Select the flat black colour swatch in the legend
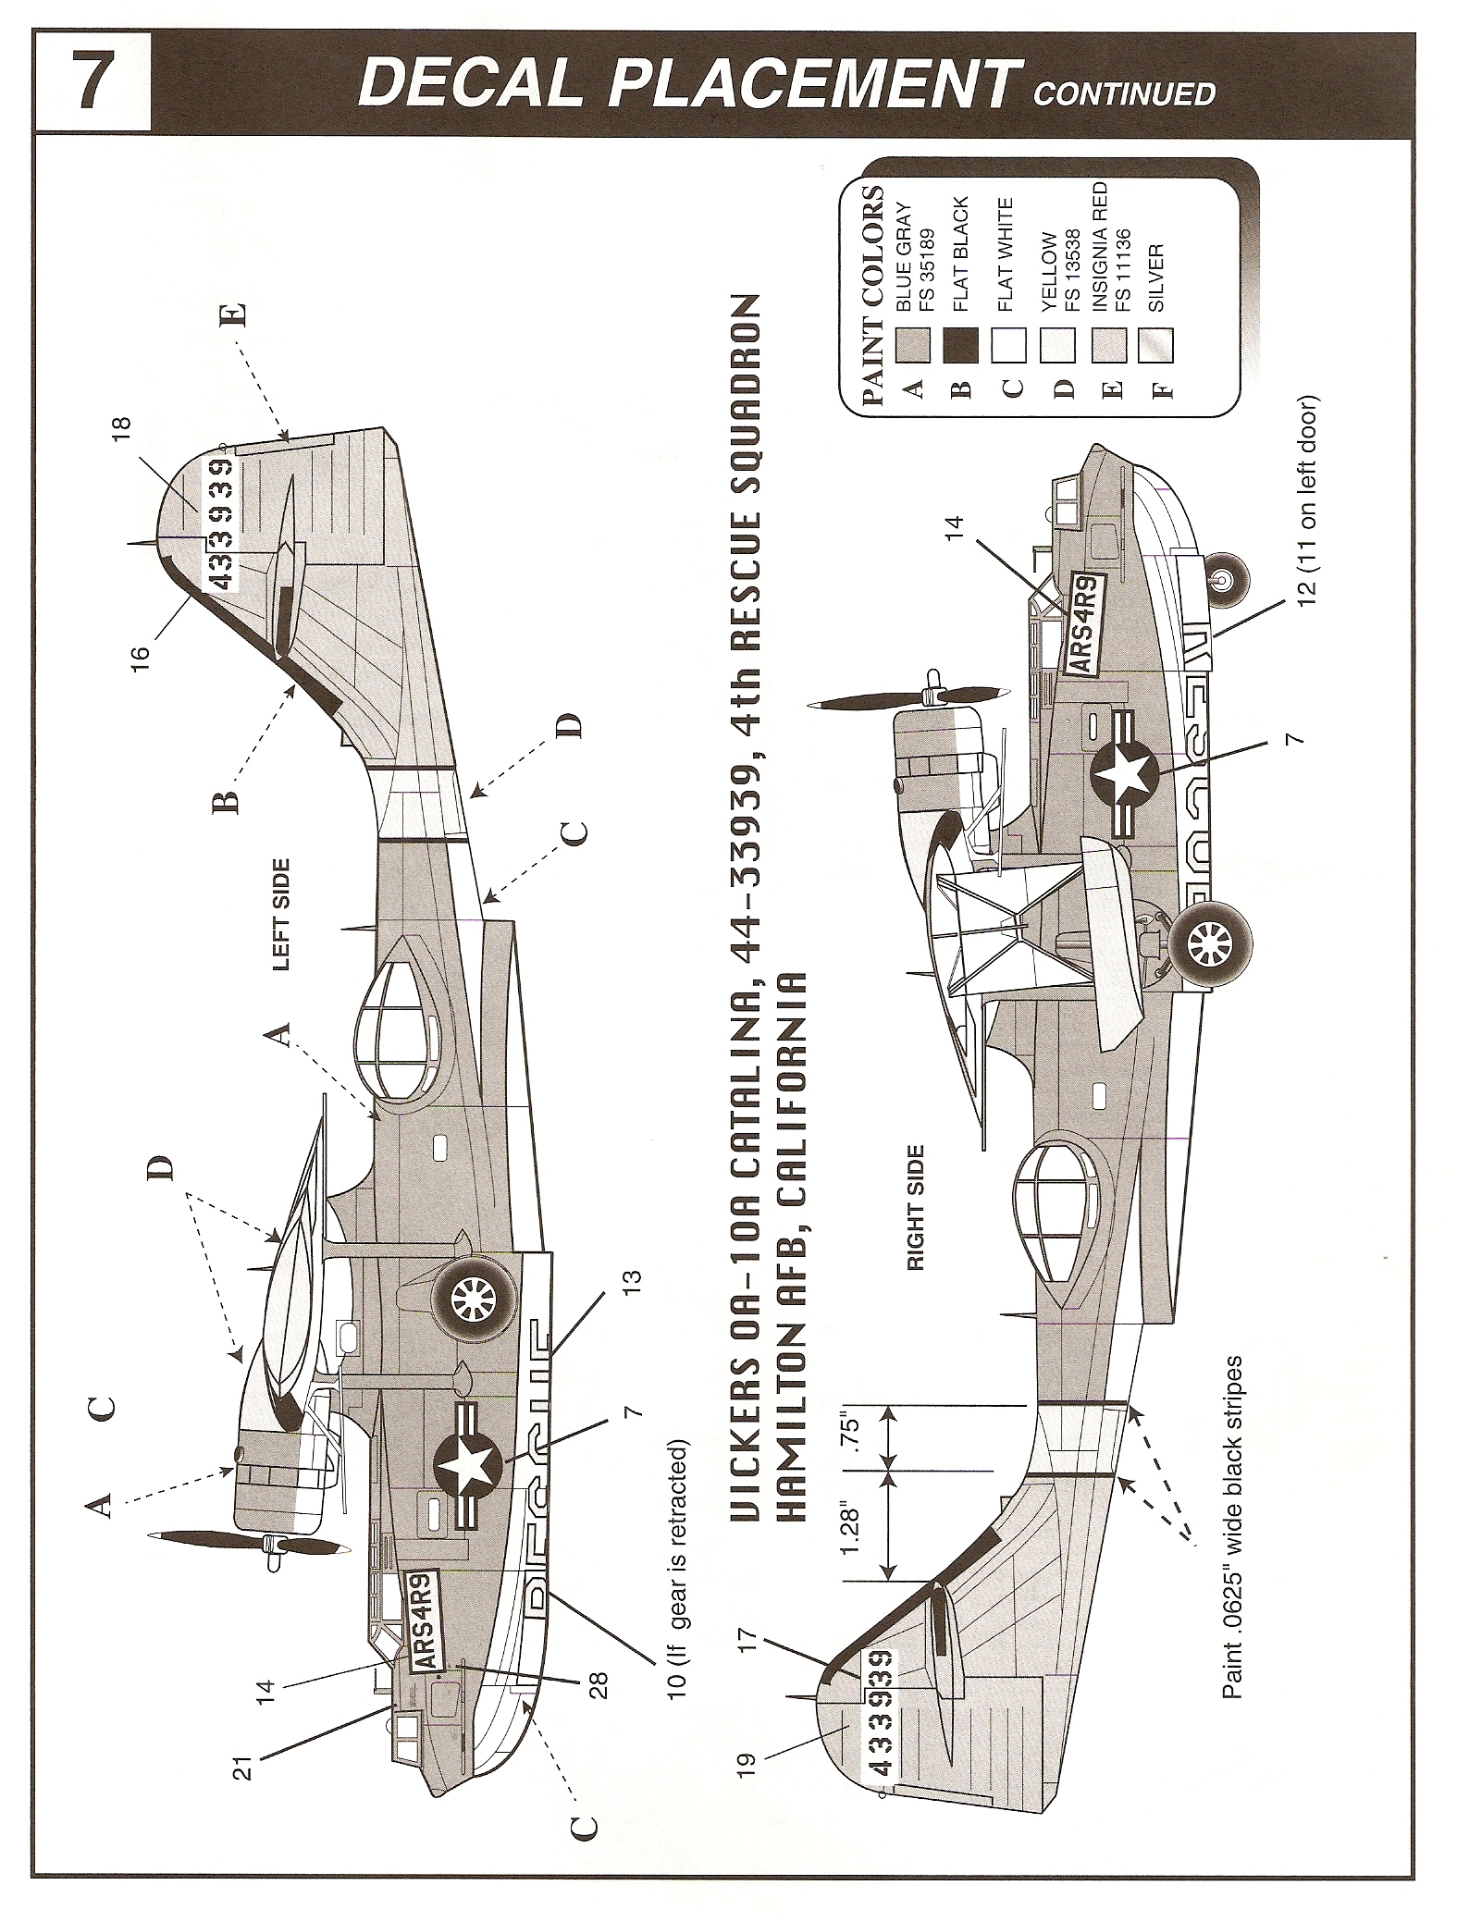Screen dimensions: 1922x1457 click(962, 345)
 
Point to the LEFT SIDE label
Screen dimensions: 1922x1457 click(280, 915)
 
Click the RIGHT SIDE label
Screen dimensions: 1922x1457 click(916, 1209)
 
